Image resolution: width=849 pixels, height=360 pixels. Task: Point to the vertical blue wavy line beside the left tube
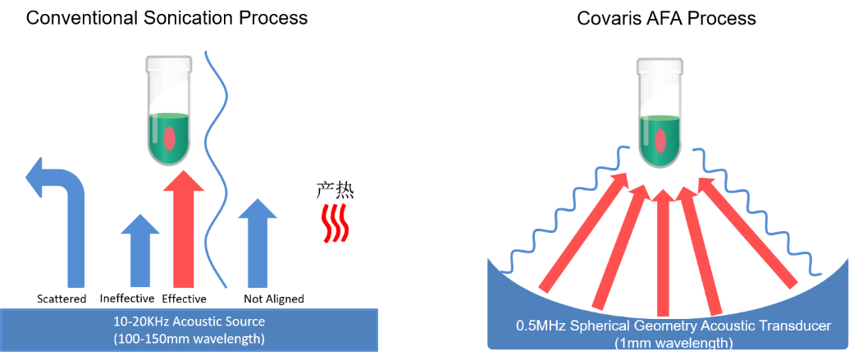(x=217, y=164)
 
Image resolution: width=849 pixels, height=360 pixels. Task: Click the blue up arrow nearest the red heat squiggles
(x=258, y=246)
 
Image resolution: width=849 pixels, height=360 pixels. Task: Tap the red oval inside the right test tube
(x=661, y=140)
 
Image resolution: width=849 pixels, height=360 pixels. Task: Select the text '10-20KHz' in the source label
(x=137, y=321)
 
